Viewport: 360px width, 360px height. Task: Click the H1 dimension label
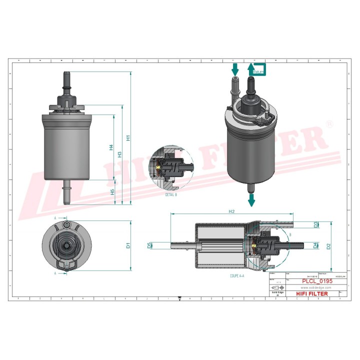click(127, 137)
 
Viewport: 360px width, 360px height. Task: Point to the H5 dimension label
click(112, 191)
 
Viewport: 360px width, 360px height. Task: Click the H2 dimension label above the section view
click(231, 211)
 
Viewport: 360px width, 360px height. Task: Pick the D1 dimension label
click(128, 245)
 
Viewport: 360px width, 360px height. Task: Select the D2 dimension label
click(328, 246)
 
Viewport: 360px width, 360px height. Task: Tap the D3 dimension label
click(315, 225)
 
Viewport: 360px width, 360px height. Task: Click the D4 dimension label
click(315, 245)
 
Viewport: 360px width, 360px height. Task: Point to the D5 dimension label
click(149, 245)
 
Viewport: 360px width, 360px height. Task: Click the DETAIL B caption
click(171, 194)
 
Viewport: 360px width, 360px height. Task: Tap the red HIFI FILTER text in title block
click(313, 294)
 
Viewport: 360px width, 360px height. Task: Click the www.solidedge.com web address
click(316, 287)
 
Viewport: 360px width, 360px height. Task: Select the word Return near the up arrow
click(258, 72)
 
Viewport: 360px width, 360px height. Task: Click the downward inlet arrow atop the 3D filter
click(234, 68)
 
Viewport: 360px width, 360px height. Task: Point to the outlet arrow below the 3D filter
click(251, 199)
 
